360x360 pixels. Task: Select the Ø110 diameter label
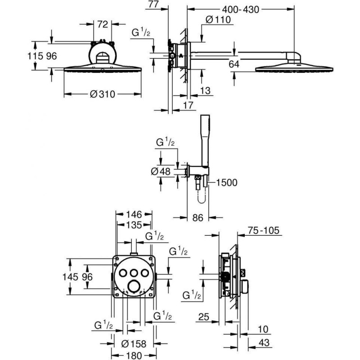(x=218, y=19)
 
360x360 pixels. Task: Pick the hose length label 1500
(x=226, y=182)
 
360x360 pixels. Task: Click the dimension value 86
(x=198, y=217)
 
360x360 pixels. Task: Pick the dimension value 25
(x=203, y=318)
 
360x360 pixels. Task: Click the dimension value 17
(x=188, y=105)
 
